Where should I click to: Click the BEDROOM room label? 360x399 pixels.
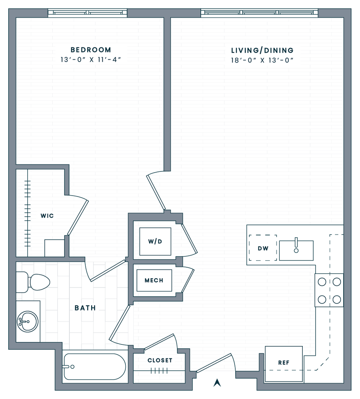(91, 50)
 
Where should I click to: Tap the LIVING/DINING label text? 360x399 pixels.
(262, 50)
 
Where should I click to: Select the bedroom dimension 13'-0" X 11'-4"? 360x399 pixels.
(91, 60)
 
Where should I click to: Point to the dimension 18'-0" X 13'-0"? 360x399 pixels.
(262, 61)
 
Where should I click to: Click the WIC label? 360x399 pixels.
(47, 216)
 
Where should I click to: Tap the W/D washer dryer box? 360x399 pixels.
(155, 242)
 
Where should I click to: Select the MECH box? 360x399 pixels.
(154, 280)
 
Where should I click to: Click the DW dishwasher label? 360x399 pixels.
(263, 248)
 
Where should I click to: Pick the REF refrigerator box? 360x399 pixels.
(284, 363)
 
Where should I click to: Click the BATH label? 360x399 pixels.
(85, 308)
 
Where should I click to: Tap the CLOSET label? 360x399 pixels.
(160, 360)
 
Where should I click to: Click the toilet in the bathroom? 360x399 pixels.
(34, 282)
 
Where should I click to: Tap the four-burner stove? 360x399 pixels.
(329, 290)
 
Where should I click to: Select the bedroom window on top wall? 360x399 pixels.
(88, 13)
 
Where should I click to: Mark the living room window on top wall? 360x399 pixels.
(259, 13)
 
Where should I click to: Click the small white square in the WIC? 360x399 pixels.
(54, 248)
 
